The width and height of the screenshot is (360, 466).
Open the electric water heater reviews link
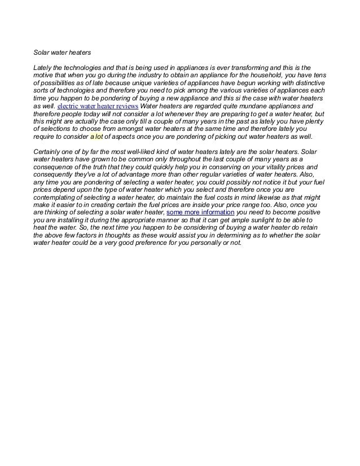click(x=98, y=105)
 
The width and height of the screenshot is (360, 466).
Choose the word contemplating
click(x=55, y=198)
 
